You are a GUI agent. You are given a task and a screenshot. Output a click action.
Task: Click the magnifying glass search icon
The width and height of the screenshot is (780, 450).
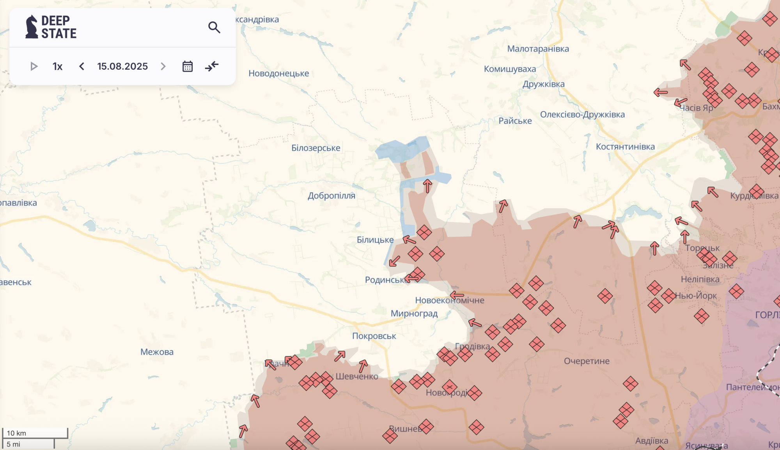(214, 27)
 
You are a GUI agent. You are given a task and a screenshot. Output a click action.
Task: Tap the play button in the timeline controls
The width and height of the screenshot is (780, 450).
(34, 66)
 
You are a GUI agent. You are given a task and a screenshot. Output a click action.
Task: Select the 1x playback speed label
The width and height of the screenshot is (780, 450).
(57, 67)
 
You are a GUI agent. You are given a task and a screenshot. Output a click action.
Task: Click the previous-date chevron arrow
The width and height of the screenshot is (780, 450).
(82, 66)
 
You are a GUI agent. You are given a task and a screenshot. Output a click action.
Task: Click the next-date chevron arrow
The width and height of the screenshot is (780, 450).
(163, 66)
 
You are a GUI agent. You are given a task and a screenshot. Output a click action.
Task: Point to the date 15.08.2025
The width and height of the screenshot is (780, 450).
(122, 66)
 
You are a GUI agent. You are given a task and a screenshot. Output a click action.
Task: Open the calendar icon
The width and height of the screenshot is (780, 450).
(188, 66)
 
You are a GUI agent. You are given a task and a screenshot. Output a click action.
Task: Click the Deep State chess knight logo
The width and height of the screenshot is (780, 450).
(32, 27)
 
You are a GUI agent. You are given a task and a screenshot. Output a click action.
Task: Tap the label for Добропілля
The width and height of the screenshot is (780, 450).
(331, 196)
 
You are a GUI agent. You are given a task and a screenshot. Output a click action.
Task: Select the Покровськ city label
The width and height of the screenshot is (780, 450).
(374, 336)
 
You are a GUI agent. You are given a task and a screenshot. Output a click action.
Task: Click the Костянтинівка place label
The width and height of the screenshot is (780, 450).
(625, 146)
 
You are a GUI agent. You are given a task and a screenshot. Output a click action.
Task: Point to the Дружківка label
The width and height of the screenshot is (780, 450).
(543, 84)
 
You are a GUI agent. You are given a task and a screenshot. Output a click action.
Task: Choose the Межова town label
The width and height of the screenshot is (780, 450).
(157, 352)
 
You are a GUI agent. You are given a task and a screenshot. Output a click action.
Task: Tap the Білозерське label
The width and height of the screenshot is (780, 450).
(316, 148)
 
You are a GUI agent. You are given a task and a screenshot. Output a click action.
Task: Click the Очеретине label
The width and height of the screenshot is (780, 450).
(587, 361)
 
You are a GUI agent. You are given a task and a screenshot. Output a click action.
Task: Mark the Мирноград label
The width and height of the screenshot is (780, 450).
(414, 313)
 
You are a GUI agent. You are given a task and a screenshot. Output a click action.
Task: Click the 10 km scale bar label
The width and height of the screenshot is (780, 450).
(16, 433)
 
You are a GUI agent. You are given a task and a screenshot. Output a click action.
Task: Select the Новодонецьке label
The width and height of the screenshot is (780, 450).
(278, 73)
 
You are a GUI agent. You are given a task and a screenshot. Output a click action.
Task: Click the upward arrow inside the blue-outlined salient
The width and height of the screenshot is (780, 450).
(427, 186)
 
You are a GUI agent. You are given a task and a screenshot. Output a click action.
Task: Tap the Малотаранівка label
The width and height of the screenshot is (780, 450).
(538, 49)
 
